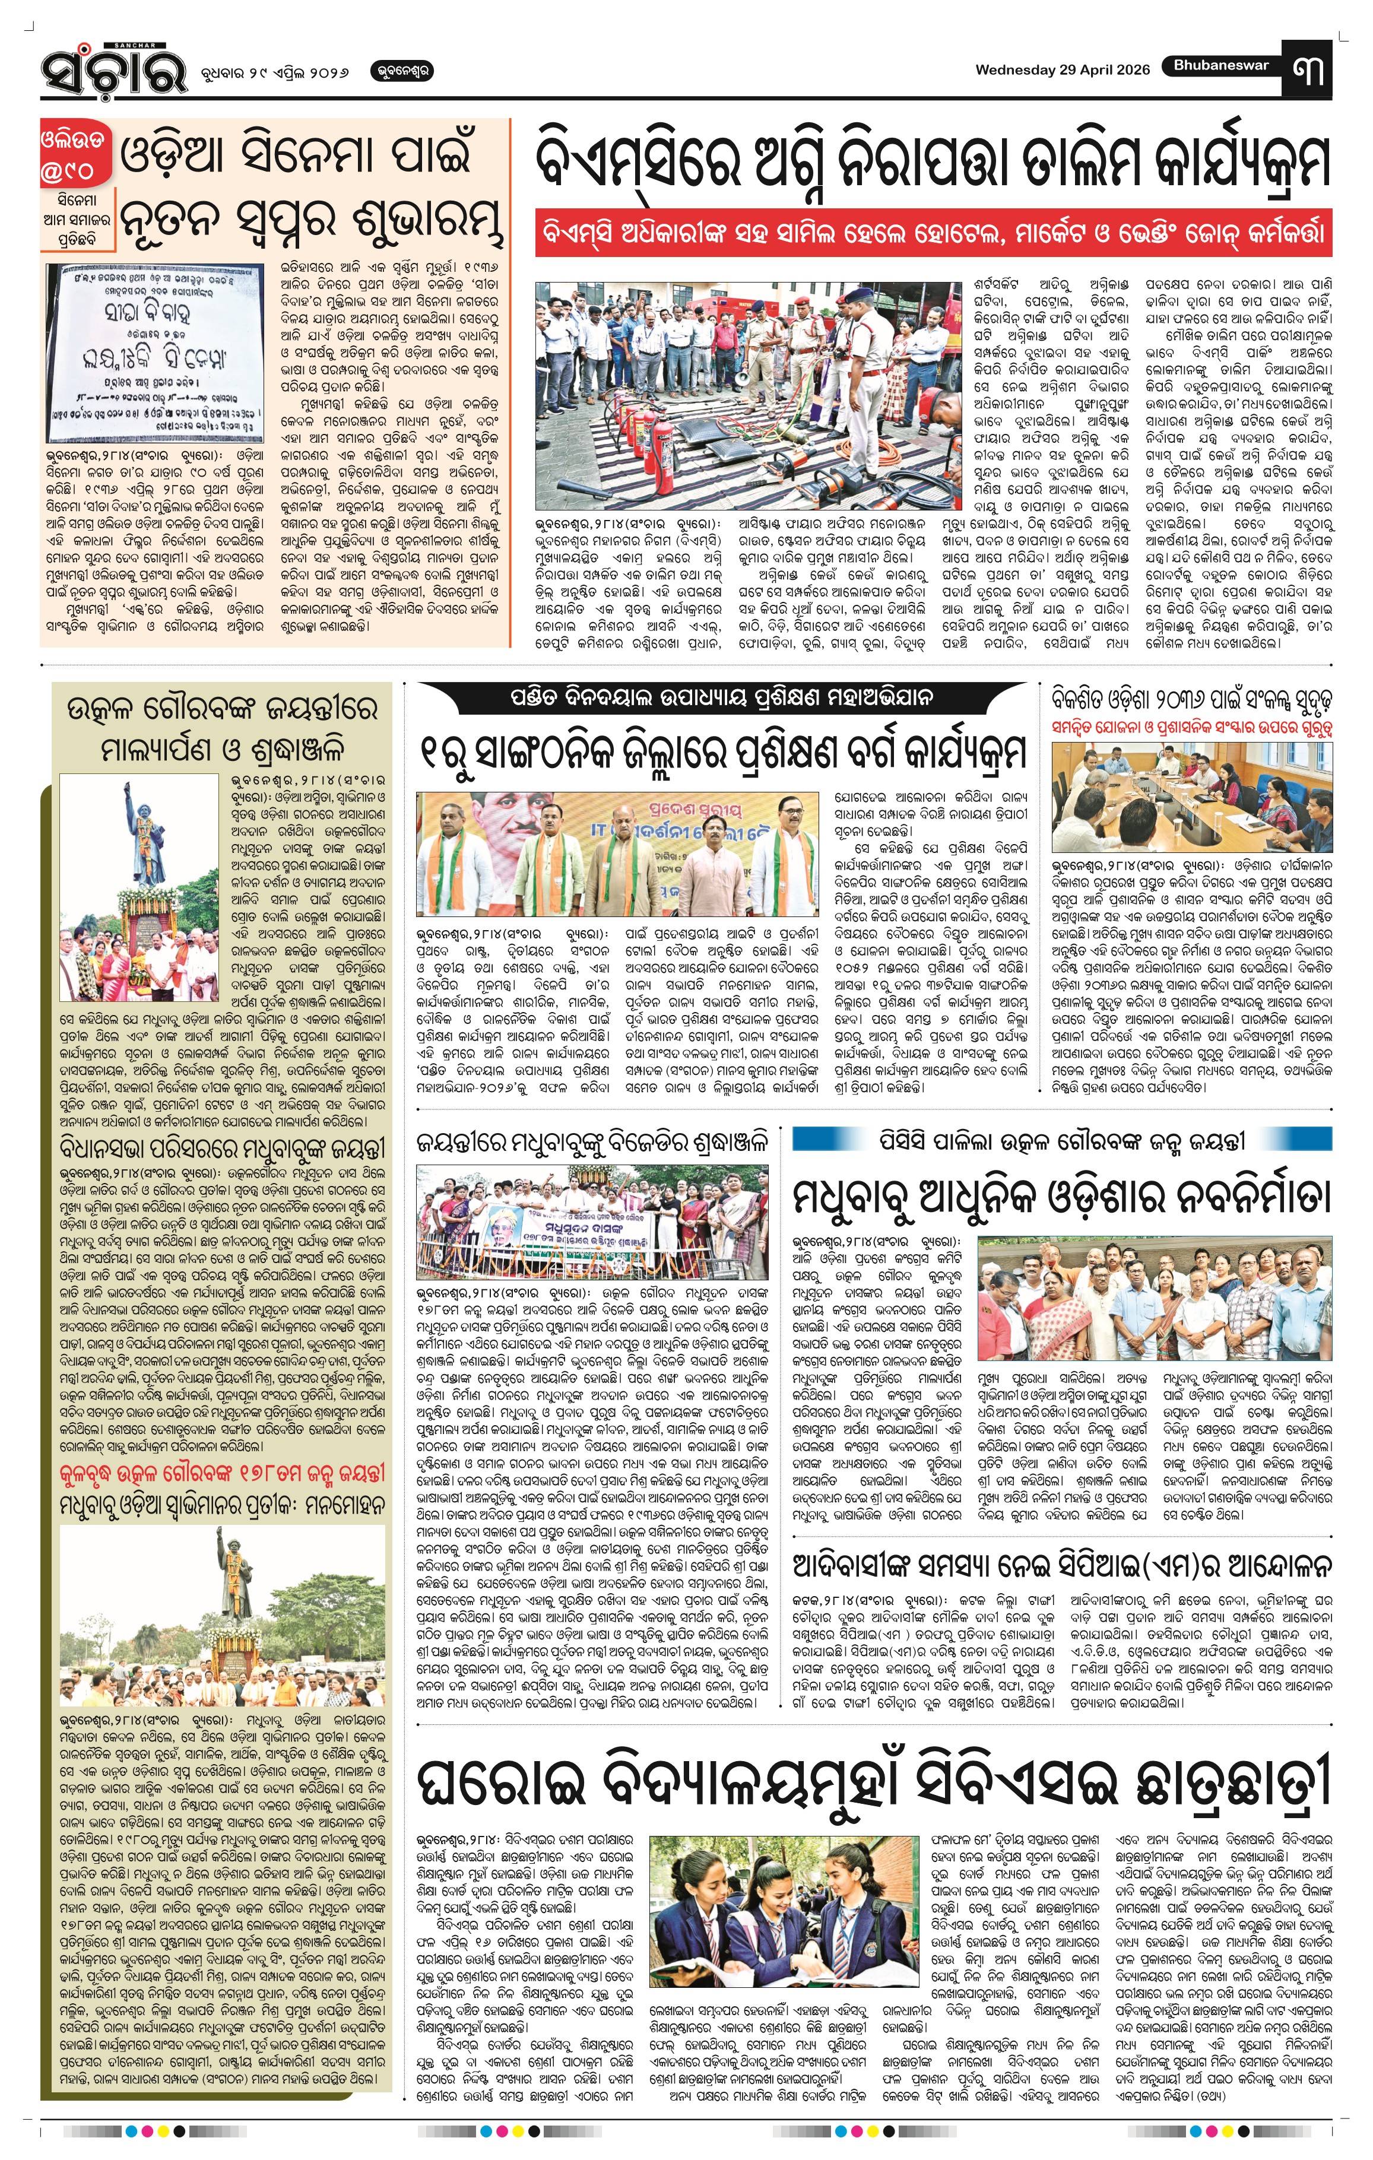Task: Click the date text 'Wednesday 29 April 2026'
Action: pos(1062,70)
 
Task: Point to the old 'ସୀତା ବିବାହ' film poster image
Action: pos(155,353)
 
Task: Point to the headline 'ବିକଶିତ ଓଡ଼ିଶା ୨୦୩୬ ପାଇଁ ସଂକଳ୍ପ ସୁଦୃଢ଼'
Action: pos(1192,699)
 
